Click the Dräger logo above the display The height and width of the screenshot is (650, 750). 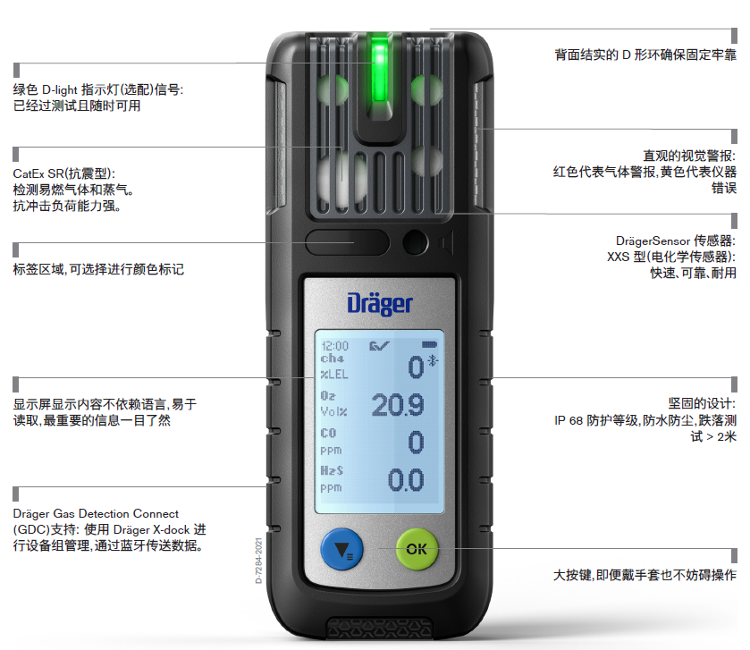(x=380, y=303)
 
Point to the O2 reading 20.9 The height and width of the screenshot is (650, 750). (x=398, y=406)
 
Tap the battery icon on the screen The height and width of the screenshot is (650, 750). (x=431, y=345)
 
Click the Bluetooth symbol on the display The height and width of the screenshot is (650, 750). (x=434, y=360)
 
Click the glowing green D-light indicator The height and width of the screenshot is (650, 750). (x=380, y=67)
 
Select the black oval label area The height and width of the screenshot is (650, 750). (x=348, y=242)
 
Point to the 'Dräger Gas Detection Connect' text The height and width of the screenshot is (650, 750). (x=96, y=514)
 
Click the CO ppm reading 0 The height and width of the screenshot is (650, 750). (x=415, y=443)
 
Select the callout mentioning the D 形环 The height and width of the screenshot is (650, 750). (x=645, y=55)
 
